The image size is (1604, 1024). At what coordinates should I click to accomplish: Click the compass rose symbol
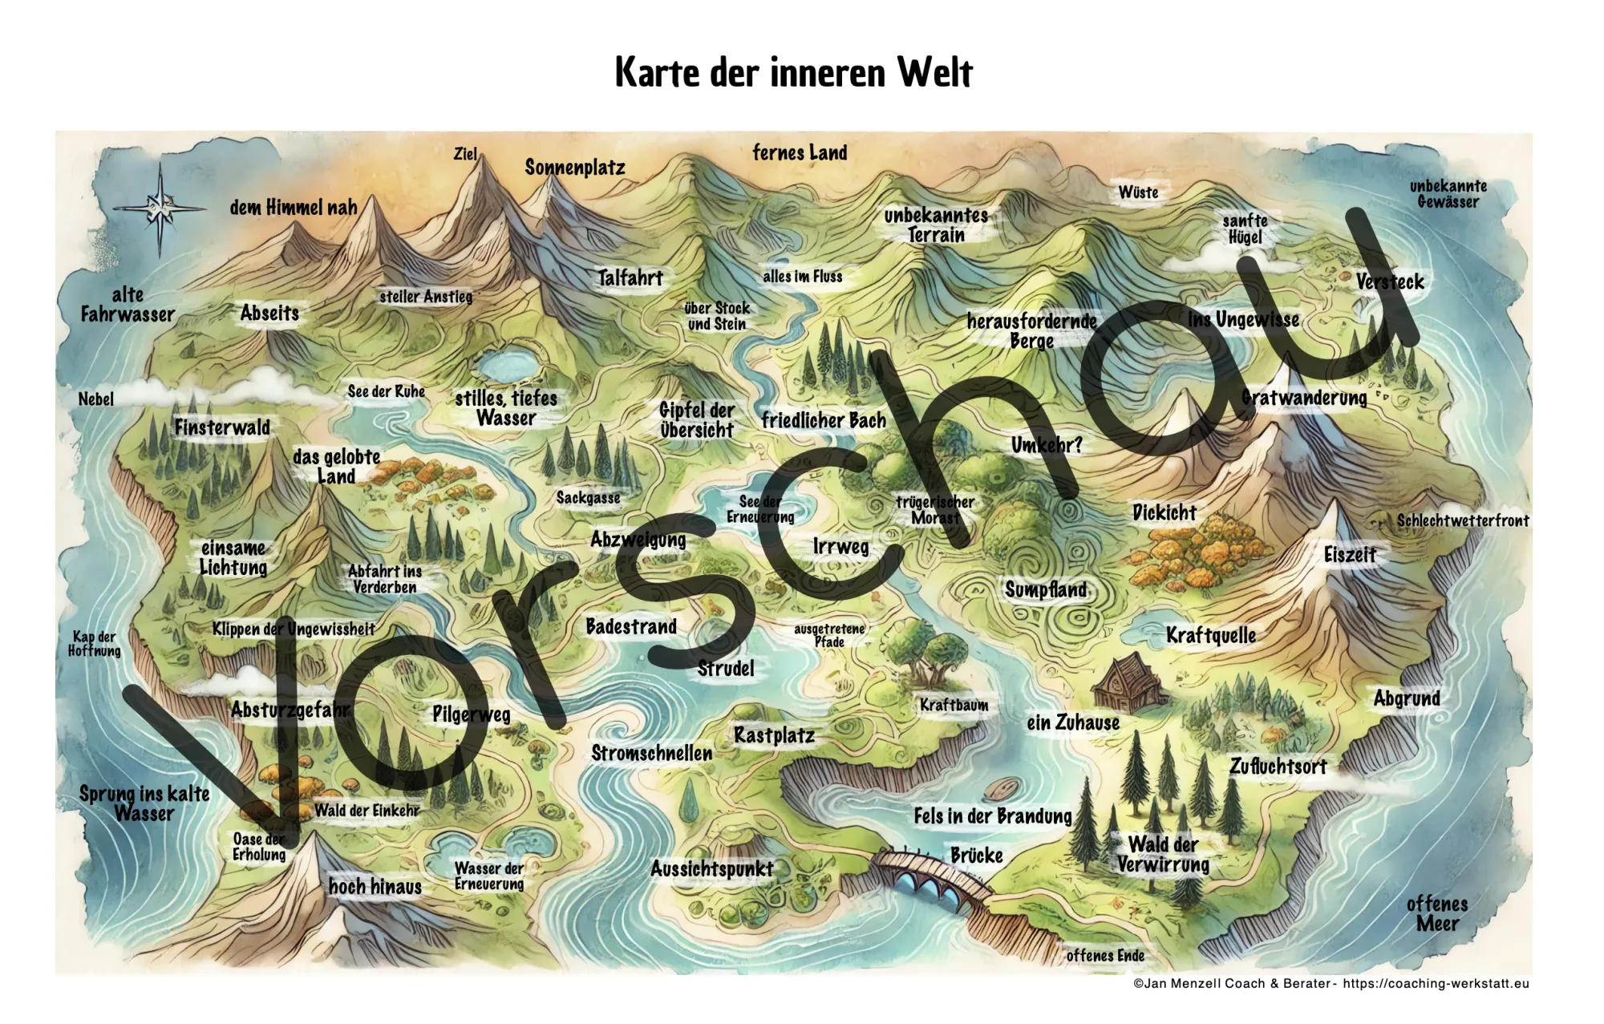[x=160, y=208]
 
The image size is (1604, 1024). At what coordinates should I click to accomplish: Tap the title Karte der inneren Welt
[x=793, y=72]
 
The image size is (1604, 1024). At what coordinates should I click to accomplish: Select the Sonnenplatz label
[x=574, y=168]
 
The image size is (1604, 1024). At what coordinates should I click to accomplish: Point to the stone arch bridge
[x=930, y=878]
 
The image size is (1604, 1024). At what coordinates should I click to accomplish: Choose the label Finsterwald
[x=222, y=427]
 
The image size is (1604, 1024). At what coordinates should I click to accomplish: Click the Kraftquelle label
[x=1211, y=636]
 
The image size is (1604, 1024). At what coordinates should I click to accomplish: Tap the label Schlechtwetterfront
[x=1462, y=520]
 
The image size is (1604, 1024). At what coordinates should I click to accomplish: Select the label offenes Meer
[x=1437, y=914]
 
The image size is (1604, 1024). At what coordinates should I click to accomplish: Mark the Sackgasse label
[x=588, y=498]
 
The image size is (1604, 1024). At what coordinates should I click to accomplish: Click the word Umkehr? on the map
[x=1047, y=445]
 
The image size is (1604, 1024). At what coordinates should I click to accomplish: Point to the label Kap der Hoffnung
[x=95, y=644]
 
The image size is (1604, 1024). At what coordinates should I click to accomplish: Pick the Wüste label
[x=1138, y=192]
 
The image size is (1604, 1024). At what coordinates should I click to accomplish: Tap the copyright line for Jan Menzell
[x=1331, y=984]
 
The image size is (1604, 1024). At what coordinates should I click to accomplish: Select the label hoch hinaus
[x=375, y=887]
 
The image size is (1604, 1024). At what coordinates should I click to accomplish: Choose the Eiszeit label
[x=1350, y=555]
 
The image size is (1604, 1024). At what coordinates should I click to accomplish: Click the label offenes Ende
[x=1105, y=956]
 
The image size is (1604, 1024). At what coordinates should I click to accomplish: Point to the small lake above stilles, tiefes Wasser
[x=507, y=366]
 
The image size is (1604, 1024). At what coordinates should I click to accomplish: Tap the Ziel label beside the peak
[x=465, y=154]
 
